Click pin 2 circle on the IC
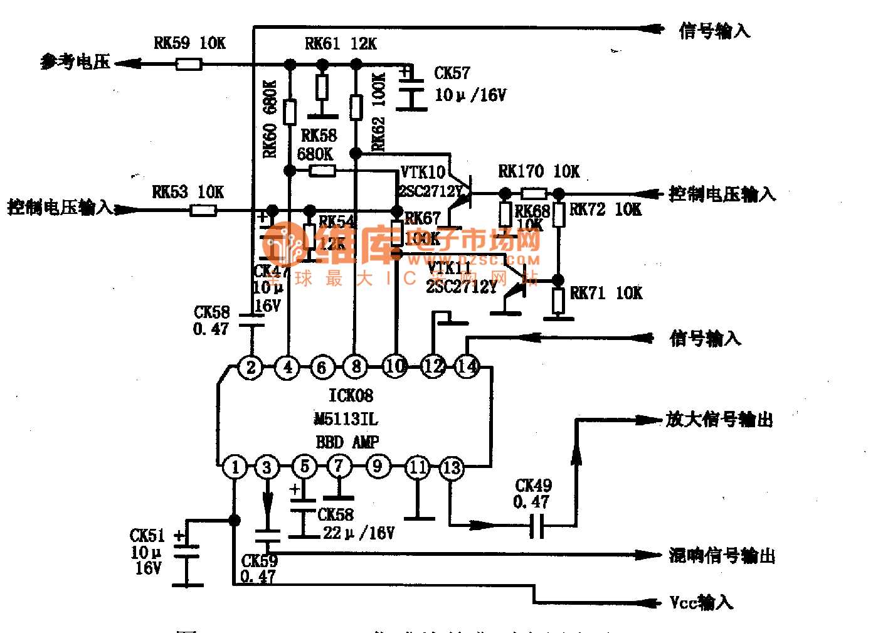(x=251, y=367)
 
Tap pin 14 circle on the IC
(x=467, y=366)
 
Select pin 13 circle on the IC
(x=452, y=467)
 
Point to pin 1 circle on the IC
(x=235, y=467)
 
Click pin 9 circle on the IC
(x=377, y=466)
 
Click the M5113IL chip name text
(x=346, y=418)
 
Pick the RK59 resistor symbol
(x=188, y=64)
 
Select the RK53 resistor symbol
(x=203, y=210)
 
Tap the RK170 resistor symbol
(x=533, y=193)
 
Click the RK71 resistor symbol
(x=558, y=301)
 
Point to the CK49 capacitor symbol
(x=537, y=525)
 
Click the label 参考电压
(x=75, y=61)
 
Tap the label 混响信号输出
(x=722, y=555)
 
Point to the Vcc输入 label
(x=701, y=602)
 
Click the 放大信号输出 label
(x=719, y=419)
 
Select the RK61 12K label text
(x=341, y=43)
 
